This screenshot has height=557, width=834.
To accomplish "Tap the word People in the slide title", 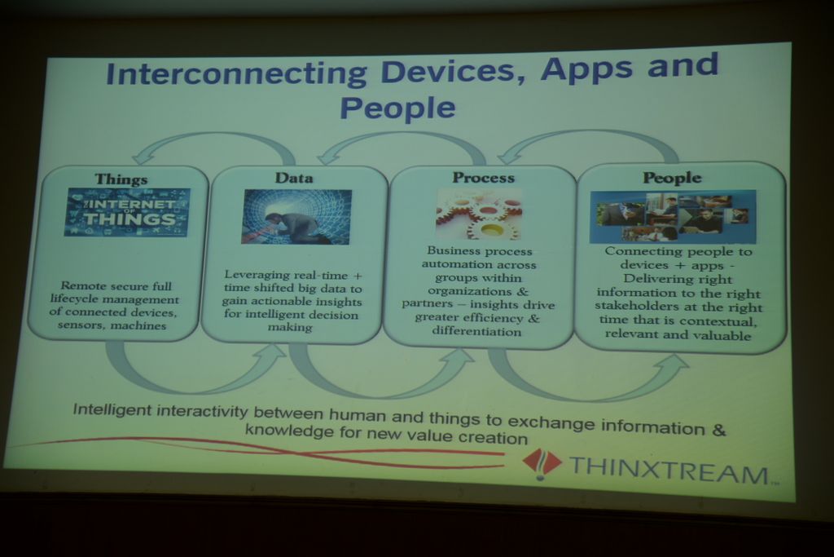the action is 397,108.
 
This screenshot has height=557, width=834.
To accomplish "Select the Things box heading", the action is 121,179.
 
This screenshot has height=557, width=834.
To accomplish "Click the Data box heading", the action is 293,178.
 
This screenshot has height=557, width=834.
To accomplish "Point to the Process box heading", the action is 484,177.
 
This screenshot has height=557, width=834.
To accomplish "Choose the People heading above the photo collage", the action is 672,178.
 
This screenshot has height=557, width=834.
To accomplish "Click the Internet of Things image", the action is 127,212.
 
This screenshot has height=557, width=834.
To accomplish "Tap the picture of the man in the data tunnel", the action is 296,217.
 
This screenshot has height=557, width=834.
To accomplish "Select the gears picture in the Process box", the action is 478,214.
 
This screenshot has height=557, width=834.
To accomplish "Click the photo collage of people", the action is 672,216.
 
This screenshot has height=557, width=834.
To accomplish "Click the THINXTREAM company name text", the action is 669,469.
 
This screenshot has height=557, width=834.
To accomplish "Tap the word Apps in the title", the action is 587,69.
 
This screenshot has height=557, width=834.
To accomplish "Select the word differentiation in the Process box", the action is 476,331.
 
